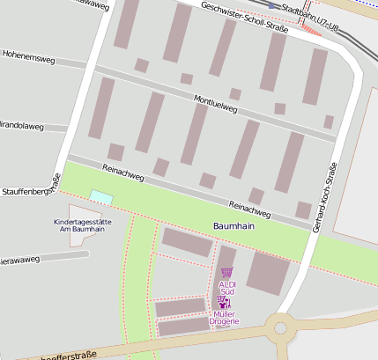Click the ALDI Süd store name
pyautogui.click(x=227, y=288)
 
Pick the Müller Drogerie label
pyautogui.click(x=226, y=318)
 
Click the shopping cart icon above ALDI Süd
pyautogui.click(x=227, y=273)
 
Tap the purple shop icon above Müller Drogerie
pyautogui.click(x=222, y=302)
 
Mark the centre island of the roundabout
pyautogui.click(x=283, y=329)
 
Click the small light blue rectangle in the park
pyautogui.click(x=101, y=197)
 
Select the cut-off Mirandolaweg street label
pyautogui.click(x=21, y=126)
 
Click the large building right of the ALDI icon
pyautogui.click(x=268, y=272)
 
